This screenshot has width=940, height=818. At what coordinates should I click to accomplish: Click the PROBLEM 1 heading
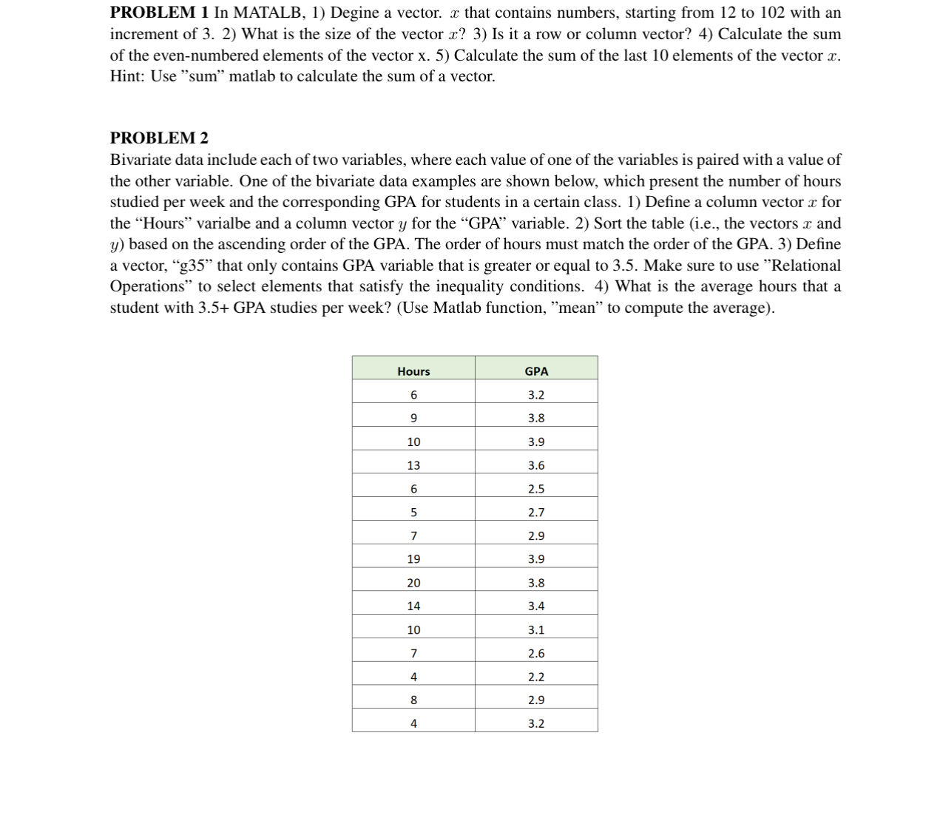[159, 13]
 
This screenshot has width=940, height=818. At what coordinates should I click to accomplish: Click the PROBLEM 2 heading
[159, 138]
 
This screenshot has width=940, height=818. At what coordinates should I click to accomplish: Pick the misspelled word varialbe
[223, 223]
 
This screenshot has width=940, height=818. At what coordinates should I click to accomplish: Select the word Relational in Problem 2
[806, 266]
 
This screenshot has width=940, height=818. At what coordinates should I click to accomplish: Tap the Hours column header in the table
[413, 371]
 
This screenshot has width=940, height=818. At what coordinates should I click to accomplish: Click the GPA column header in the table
[536, 371]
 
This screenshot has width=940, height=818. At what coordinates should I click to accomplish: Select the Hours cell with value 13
[413, 465]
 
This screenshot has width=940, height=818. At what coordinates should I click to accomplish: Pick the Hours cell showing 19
[413, 559]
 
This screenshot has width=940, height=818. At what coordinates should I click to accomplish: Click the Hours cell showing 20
[413, 583]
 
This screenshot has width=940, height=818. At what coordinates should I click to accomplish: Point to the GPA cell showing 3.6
[536, 465]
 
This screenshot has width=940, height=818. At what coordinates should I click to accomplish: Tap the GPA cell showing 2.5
[536, 489]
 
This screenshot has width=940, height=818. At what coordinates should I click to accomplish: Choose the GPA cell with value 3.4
[536, 606]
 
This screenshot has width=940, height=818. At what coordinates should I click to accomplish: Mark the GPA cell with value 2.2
[536, 677]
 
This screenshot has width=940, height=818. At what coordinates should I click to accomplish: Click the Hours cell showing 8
[413, 700]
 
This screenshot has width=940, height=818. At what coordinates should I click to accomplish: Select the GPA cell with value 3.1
[536, 630]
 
